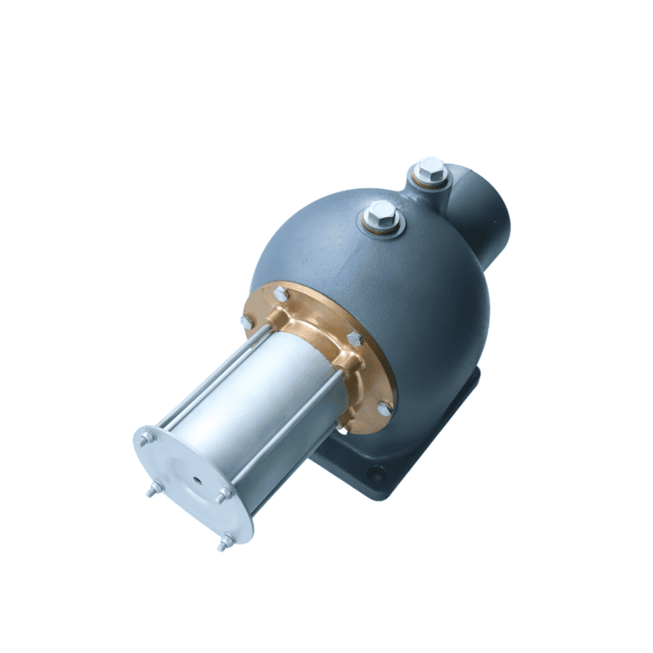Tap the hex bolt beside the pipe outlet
[x=431, y=171]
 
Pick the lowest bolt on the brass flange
[x=383, y=408]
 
